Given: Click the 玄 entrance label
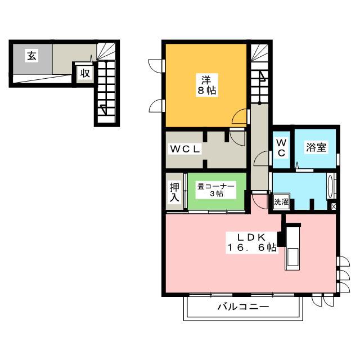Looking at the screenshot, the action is (x=32, y=56).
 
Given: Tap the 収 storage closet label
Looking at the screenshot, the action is (x=85, y=73).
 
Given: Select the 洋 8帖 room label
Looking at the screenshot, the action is (x=207, y=85).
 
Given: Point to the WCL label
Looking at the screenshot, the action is (x=185, y=149).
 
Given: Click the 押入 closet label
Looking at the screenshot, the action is (x=174, y=192).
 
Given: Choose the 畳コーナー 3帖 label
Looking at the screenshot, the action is (x=216, y=190).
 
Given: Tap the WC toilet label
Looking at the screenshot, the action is (x=281, y=147).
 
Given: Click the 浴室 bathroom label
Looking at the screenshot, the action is (x=316, y=147).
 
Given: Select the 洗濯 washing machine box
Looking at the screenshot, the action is (x=281, y=201).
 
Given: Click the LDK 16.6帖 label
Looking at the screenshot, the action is (x=252, y=242).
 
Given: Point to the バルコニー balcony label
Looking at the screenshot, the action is (x=243, y=307).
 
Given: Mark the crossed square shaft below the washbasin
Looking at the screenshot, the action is (x=334, y=206).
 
